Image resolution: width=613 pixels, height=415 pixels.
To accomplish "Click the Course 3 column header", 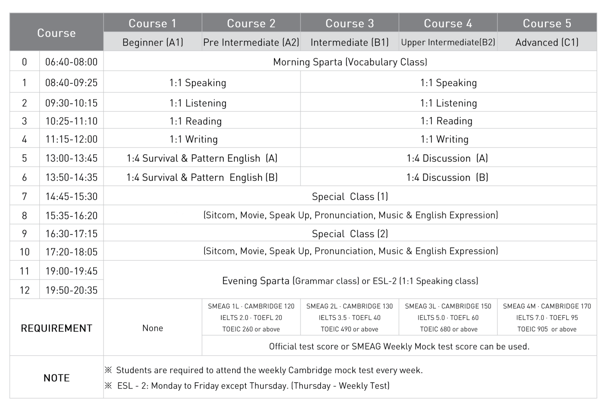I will pos(350,23).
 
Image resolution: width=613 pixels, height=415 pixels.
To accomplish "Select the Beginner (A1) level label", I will pos(153,42).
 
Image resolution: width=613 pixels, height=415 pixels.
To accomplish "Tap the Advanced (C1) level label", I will pos(547,42).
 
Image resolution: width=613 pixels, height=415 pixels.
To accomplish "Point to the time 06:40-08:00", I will pos(71,62).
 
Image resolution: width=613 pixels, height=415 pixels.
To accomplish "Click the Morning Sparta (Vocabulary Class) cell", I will pos(350,62).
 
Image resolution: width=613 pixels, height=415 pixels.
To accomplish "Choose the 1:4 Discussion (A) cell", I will pos(447,158).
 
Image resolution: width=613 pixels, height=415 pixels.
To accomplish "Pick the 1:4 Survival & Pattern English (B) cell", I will pos(202,177).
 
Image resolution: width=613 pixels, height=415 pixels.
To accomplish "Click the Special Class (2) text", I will pos(350,234).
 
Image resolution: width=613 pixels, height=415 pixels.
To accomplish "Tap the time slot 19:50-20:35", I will pos(71,290).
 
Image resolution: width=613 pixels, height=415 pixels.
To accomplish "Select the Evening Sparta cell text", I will pos(350,281).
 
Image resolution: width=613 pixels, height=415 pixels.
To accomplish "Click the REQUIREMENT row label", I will pos(56,328).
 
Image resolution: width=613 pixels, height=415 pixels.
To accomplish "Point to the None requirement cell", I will pos(153,328).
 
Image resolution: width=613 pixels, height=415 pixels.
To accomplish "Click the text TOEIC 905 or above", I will pos(547,329).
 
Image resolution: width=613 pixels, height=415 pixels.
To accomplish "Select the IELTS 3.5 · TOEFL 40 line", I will pos(350,318).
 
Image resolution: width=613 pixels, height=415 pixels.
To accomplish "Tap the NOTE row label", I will pos(56,378).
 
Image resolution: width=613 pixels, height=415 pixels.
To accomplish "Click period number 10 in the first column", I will pos(25,252).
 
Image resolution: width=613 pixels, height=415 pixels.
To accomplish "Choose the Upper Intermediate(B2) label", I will pos(448,42).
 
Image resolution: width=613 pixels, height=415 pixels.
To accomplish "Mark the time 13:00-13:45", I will pos(71,158).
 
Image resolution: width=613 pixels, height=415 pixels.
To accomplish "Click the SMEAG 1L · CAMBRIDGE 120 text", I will pos(251,306).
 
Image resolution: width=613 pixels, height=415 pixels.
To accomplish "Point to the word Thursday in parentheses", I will pos(312,385).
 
